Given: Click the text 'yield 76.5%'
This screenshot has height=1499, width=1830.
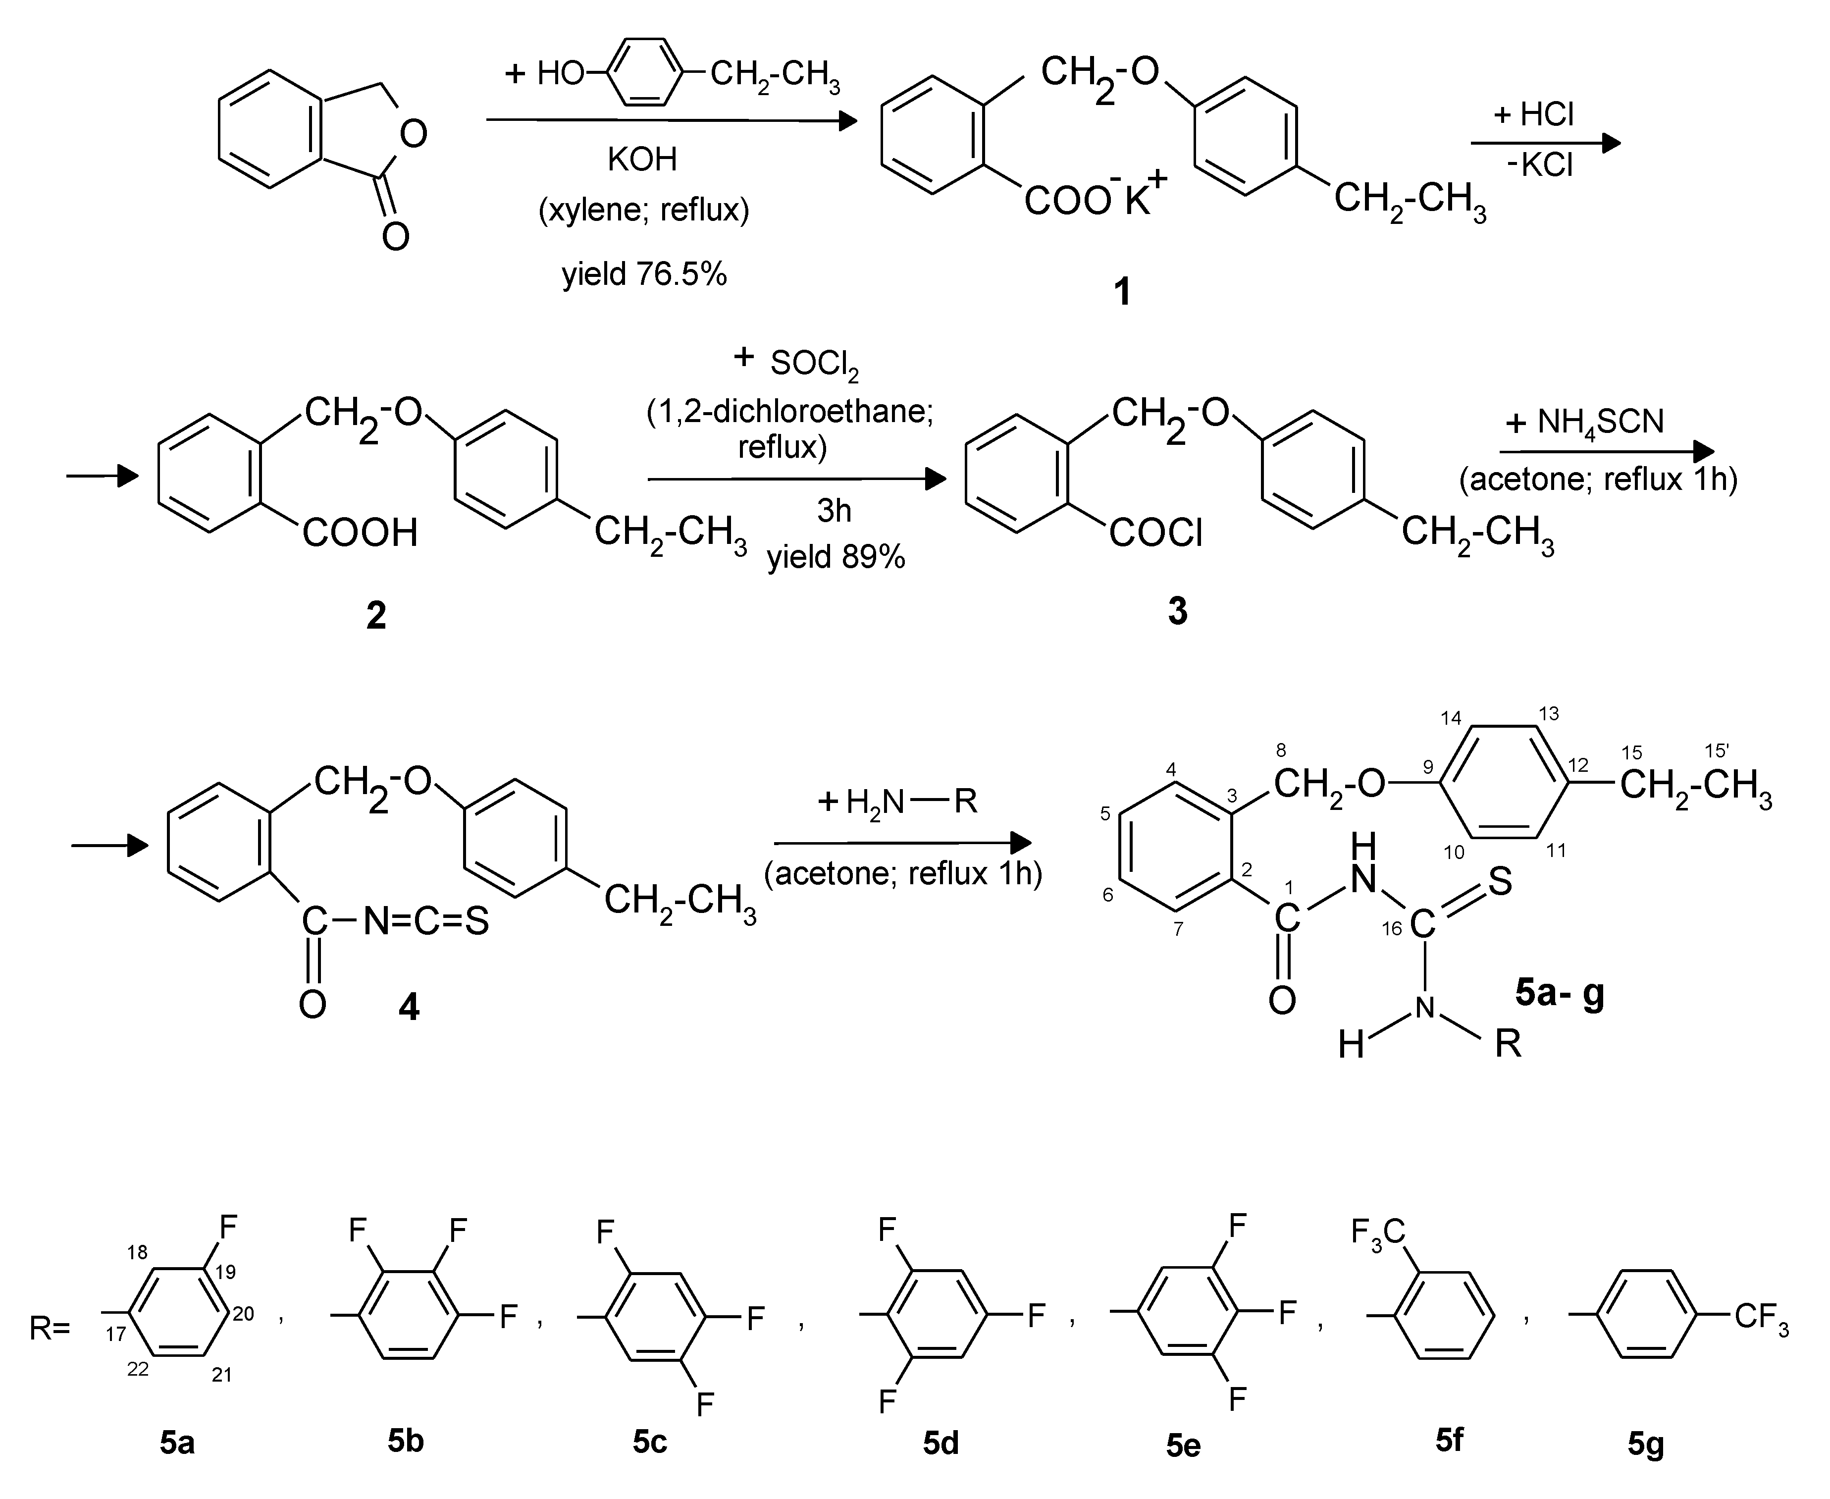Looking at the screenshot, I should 644,274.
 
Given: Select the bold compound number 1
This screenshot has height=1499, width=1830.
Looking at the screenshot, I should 1121,293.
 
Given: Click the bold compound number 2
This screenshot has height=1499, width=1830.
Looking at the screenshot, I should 376,616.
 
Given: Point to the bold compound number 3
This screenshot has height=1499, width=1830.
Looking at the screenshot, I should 1177,610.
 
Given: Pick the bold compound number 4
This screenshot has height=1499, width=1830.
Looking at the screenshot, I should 408,1006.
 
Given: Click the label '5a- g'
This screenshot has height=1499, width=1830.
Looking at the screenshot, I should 1560,994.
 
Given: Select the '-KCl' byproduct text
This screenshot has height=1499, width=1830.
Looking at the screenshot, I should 1540,164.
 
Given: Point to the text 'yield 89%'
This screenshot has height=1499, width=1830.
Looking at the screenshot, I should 836,557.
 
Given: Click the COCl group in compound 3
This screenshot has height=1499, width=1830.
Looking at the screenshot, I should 1156,533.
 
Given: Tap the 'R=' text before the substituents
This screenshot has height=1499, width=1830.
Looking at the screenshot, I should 49,1328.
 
